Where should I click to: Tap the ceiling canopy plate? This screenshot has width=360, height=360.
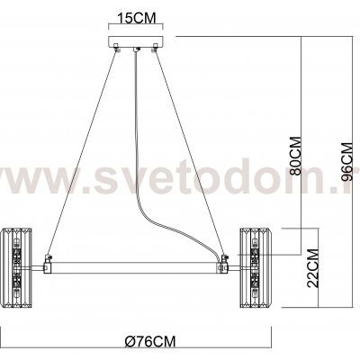click(x=136, y=46)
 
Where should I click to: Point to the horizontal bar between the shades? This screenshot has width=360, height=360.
click(x=135, y=267)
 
